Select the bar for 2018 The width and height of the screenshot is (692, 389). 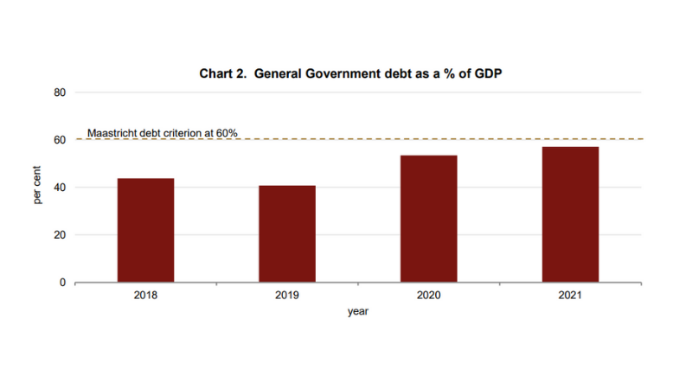pos(145,230)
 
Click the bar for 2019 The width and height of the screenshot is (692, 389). pos(287,233)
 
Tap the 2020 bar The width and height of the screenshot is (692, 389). pos(429,219)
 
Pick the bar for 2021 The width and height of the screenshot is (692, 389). pos(570,214)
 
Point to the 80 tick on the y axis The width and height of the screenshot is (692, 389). pos(60,92)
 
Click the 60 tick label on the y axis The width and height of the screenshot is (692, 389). pos(60,140)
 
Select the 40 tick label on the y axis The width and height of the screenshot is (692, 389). pos(60,188)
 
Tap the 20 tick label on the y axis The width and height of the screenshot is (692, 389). pos(60,235)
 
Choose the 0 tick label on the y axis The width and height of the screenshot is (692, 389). pos(62,283)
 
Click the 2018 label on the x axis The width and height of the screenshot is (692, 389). pos(145,296)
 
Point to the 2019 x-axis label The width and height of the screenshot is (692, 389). pos(287,296)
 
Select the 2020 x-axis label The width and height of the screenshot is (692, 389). pos(429,296)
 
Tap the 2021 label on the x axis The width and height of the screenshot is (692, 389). pos(570,296)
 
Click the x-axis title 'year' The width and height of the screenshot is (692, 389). pos(358,312)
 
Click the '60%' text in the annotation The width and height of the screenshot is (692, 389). pos(226,133)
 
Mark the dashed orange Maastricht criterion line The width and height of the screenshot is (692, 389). pos(432,139)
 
